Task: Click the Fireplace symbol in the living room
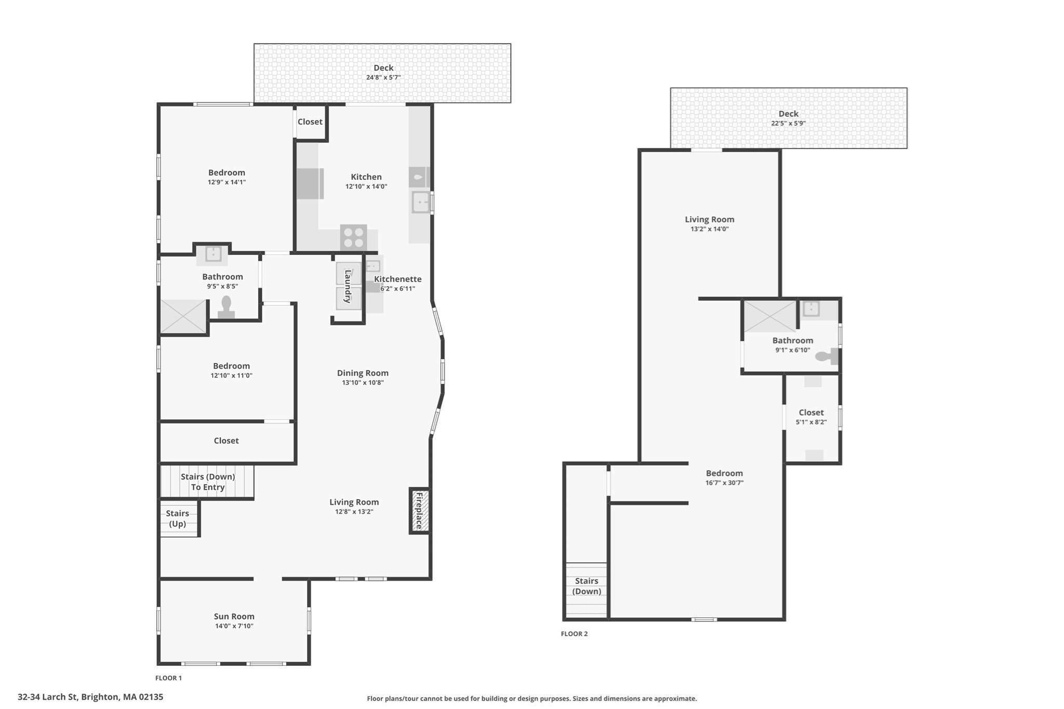(419, 511)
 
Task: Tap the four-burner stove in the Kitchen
(353, 238)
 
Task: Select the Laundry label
(348, 286)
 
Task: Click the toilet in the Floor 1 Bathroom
(226, 307)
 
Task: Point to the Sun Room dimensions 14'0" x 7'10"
(234, 626)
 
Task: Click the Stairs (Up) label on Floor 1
(177, 518)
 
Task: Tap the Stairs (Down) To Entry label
(208, 481)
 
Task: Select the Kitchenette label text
(397, 279)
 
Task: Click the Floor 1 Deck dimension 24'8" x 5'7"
(383, 77)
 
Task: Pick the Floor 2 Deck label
(788, 113)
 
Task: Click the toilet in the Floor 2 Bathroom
(826, 356)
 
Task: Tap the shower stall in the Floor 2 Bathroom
(770, 316)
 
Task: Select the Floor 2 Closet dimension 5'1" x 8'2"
(811, 422)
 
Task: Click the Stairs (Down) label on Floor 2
(587, 586)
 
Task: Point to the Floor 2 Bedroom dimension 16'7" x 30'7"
(724, 483)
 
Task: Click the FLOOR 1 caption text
(168, 678)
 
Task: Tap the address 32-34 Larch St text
(90, 697)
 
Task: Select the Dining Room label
(363, 372)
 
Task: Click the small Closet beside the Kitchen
(310, 122)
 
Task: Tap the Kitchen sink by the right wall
(420, 202)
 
